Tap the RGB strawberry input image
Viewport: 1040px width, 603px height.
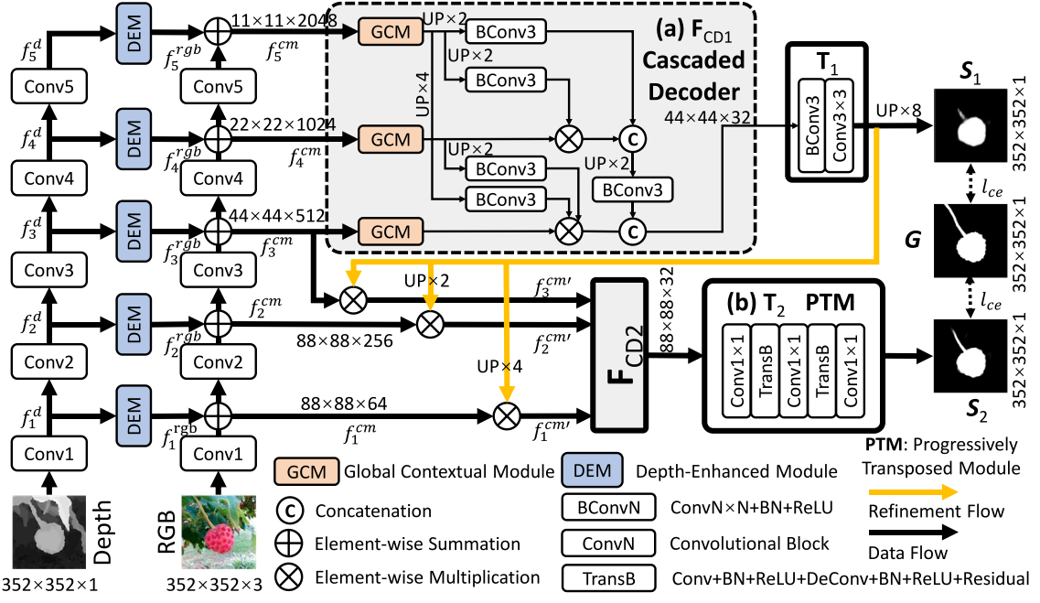pos(214,530)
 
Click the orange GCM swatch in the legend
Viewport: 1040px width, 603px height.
pos(306,472)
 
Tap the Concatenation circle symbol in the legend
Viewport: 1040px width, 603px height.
pos(286,511)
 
